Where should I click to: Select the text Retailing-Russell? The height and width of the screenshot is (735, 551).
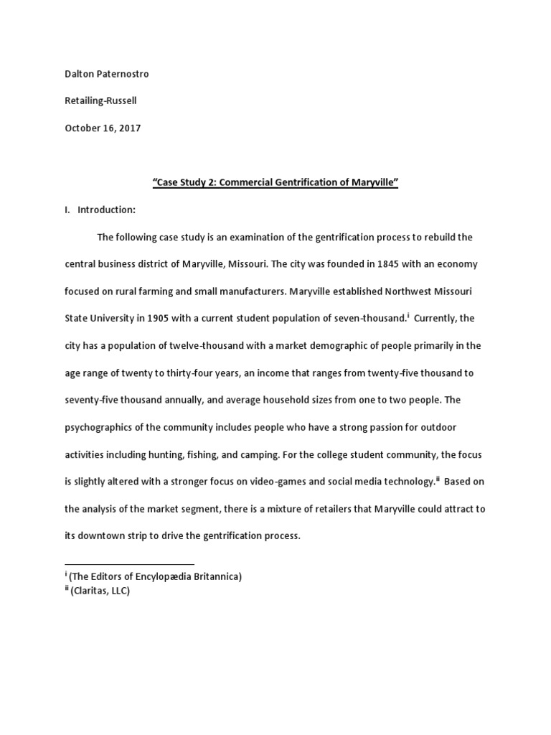(100, 101)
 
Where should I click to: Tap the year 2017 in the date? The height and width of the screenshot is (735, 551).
(130, 128)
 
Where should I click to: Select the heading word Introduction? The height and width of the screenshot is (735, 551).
(106, 210)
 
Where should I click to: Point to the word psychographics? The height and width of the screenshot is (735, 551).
(100, 427)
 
